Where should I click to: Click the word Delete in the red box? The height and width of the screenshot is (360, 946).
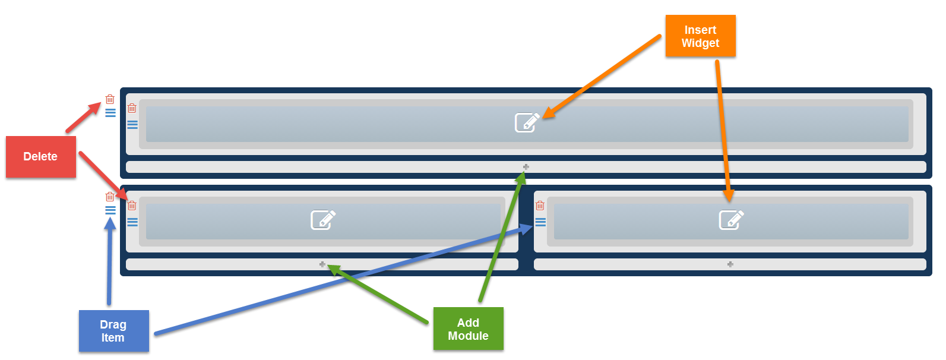tap(40, 157)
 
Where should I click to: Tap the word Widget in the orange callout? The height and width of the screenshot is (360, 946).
tap(700, 43)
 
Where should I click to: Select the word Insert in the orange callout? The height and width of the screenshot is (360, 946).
tap(700, 30)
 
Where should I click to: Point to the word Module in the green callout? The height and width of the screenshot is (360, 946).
tap(468, 336)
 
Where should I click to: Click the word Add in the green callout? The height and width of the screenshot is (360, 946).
tap(468, 323)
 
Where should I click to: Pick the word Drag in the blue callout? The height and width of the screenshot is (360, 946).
tap(113, 325)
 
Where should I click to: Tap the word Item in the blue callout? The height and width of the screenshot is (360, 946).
tap(113, 338)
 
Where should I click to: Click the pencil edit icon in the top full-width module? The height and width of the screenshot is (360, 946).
tap(527, 122)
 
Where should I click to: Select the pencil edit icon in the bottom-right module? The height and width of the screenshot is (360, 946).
tap(731, 220)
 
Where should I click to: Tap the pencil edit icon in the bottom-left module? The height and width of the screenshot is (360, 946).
tap(323, 220)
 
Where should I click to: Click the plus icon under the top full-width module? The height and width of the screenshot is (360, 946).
tap(526, 167)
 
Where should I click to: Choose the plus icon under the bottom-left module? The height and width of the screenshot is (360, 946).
tap(322, 264)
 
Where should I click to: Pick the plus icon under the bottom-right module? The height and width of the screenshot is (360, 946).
tap(730, 264)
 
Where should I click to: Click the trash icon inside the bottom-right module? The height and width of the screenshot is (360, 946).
tap(540, 206)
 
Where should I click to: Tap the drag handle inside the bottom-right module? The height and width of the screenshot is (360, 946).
tap(540, 222)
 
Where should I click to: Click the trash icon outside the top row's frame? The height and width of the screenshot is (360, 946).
tap(110, 99)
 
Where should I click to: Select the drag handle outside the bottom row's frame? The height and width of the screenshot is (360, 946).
tap(110, 210)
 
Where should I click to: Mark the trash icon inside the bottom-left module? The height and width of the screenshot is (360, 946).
tap(132, 206)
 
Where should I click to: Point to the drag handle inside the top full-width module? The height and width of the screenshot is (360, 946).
tap(132, 125)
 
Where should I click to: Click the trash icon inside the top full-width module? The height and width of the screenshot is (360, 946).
tap(132, 108)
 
